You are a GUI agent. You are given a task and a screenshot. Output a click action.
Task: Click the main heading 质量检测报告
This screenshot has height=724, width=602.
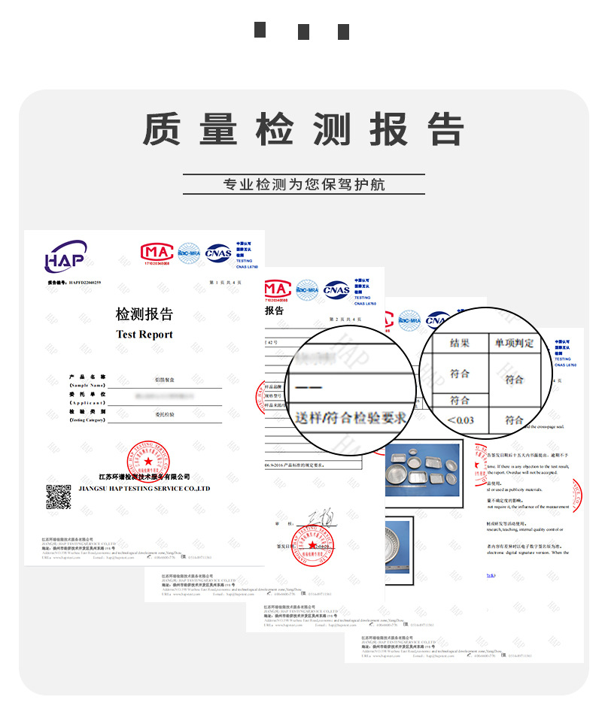point(303,129)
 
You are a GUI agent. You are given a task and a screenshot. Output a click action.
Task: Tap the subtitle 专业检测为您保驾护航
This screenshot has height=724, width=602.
point(303,184)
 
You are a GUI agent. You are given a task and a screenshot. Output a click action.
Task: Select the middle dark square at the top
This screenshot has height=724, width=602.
point(303,32)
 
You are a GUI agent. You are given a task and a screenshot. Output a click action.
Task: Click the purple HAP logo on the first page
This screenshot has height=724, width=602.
point(65,256)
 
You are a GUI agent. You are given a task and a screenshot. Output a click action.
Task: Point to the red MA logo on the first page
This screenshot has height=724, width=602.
point(156,252)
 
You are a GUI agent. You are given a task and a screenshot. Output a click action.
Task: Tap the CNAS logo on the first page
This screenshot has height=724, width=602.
point(218,252)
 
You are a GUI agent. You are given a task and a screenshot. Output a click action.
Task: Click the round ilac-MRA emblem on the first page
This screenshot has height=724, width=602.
point(188,252)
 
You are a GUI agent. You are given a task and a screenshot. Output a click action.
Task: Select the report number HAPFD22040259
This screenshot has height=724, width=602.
point(84,283)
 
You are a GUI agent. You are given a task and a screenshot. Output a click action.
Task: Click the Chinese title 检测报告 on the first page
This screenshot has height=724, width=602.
point(144,314)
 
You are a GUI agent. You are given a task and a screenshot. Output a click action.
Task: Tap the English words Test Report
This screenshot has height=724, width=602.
point(144,335)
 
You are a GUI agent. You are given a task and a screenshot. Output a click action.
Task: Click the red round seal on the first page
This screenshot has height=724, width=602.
point(148,461)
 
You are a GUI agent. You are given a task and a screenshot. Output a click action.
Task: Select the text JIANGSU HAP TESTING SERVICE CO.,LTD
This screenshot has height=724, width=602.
point(144,489)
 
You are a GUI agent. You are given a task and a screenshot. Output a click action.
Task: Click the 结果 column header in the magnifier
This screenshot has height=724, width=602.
point(459,343)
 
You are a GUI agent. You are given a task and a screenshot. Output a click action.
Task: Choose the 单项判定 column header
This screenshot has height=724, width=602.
point(514,343)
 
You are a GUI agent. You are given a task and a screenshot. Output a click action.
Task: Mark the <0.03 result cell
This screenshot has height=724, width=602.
point(460,420)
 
